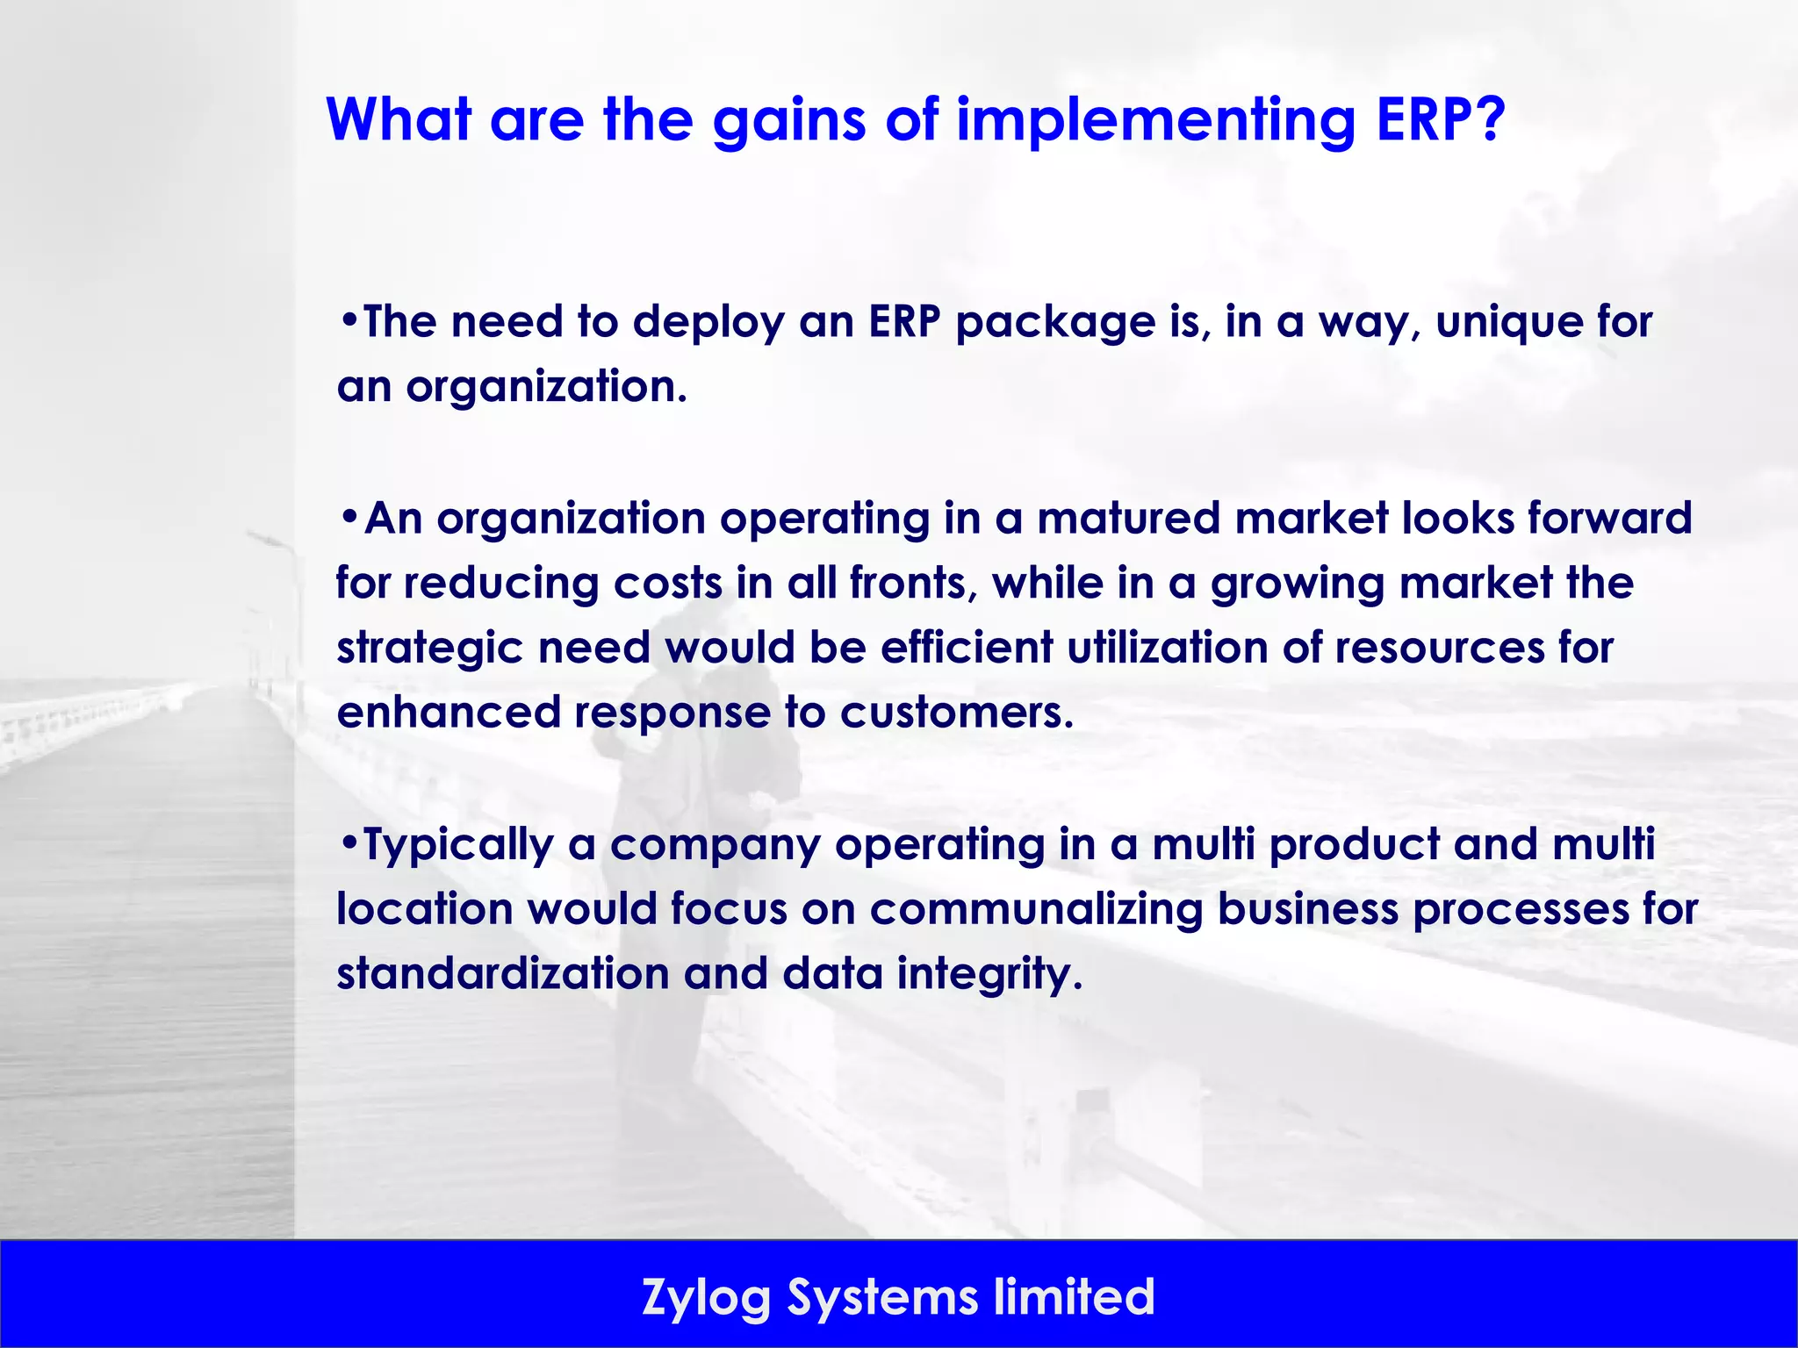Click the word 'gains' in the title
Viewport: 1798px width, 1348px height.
788,120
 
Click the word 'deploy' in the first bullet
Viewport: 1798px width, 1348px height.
708,323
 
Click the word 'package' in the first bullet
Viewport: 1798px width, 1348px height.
1054,323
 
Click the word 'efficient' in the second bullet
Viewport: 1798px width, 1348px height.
967,648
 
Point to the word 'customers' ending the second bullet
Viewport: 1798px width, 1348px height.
955,712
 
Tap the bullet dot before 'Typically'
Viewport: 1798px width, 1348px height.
349,842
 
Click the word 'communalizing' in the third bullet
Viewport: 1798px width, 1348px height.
1036,909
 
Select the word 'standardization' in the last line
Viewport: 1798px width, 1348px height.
502,973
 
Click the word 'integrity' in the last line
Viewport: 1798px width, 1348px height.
989,974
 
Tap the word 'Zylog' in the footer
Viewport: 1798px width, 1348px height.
706,1298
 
